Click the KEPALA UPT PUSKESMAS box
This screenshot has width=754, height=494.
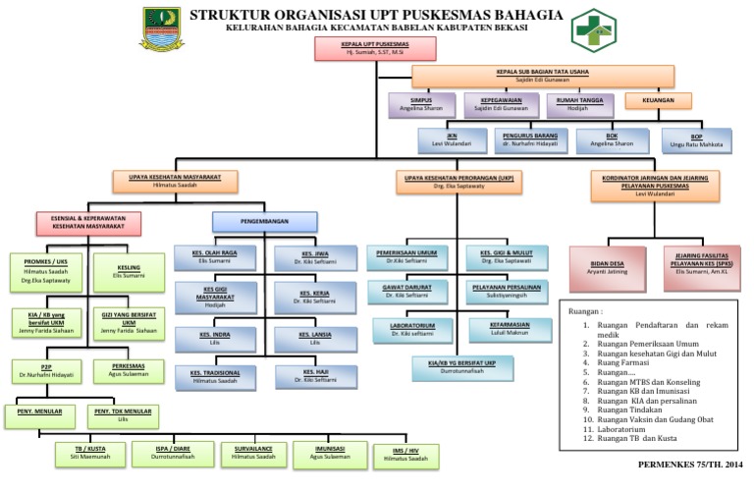(x=360, y=48)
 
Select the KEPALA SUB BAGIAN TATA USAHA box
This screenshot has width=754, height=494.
(x=542, y=76)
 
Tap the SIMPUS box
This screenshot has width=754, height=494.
(x=421, y=104)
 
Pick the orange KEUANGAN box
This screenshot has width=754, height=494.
(x=657, y=100)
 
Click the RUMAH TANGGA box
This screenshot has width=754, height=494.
(x=578, y=104)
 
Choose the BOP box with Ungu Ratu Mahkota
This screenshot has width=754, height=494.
(x=696, y=139)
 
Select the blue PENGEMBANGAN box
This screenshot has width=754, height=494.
(x=254, y=221)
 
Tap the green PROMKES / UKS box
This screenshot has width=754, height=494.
(x=46, y=269)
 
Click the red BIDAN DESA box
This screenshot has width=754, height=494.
(x=607, y=268)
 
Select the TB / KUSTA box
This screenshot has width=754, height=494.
(x=90, y=453)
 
